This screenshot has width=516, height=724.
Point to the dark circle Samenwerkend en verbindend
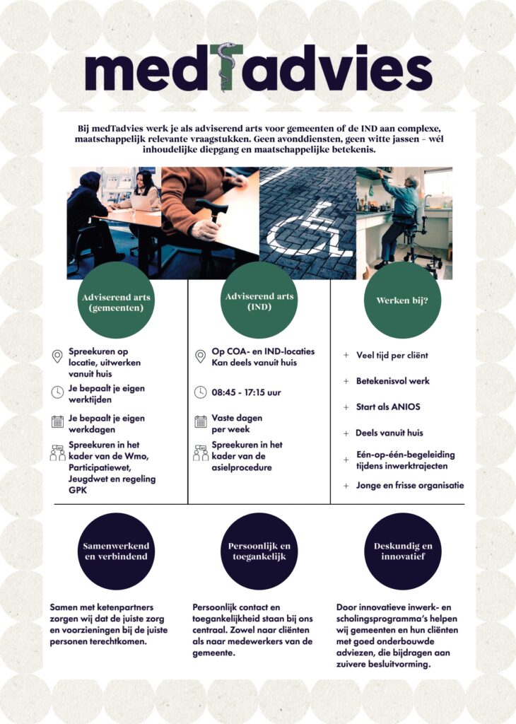(115, 551)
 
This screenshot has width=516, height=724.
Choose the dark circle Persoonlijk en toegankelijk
(259, 551)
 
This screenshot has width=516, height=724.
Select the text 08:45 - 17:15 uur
(246, 392)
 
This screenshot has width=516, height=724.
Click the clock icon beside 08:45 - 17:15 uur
(201, 392)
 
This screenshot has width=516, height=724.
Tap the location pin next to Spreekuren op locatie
(57, 356)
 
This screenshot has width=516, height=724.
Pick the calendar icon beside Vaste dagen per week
(201, 422)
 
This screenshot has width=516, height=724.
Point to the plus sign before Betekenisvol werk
(346, 381)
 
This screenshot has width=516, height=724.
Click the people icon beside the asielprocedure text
(201, 452)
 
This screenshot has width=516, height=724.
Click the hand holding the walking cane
(205, 229)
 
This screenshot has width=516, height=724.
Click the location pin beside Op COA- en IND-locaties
(201, 356)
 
